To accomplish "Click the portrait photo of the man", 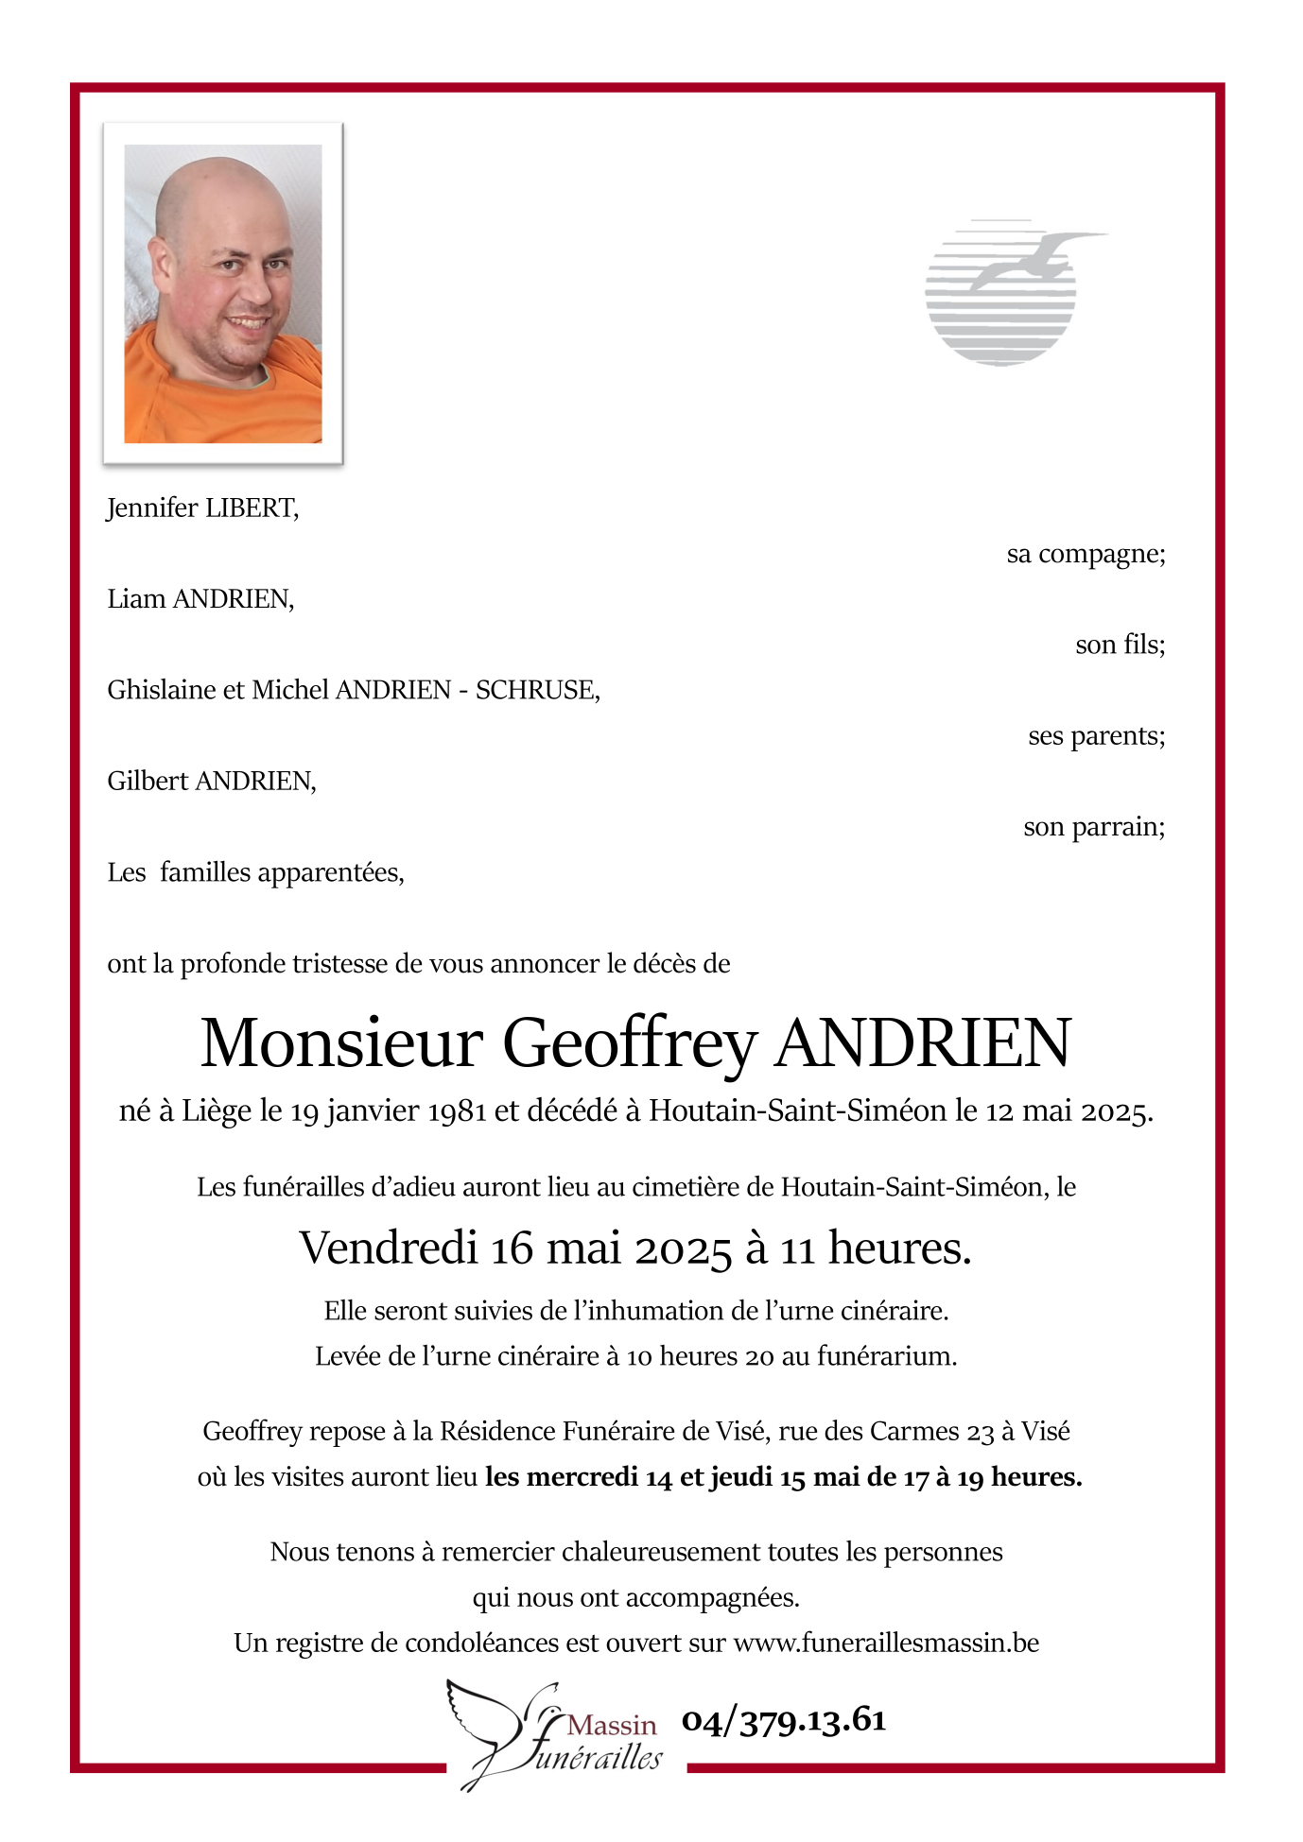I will (x=223, y=293).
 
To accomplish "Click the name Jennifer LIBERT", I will (x=202, y=508).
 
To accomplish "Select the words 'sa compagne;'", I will (x=1086, y=554).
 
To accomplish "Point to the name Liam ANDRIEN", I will (x=200, y=599).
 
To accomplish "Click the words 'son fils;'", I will (x=1120, y=645).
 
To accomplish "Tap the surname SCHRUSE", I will (x=536, y=690).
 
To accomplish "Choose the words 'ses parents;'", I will (x=1096, y=735).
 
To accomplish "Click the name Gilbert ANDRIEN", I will (x=211, y=782).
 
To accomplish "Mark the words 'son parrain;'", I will (x=1094, y=827).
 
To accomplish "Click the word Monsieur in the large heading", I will (x=341, y=1044).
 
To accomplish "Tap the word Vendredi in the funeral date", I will (x=388, y=1248).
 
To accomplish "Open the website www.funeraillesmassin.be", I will (x=886, y=1644).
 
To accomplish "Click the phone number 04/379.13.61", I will (x=784, y=1721).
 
